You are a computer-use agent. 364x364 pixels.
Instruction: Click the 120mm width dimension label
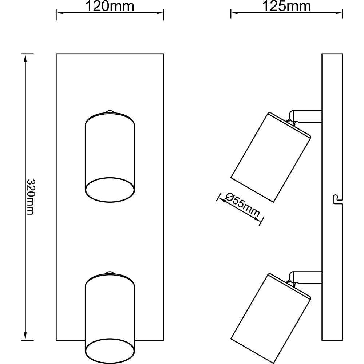pos(110,6)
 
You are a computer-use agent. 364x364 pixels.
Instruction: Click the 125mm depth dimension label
pos(286,6)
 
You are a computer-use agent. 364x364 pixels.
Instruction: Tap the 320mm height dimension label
pos(31,197)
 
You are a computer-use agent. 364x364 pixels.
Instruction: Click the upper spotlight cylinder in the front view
pos(110,157)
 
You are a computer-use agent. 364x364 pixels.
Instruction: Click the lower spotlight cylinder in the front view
pos(110,317)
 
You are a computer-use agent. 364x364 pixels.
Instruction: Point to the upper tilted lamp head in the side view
pos(271,157)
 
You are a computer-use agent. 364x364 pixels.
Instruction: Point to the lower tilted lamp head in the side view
pos(271,318)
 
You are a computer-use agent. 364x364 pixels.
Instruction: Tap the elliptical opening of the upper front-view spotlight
pos(110,190)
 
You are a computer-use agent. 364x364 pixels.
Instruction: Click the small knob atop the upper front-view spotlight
pos(110,112)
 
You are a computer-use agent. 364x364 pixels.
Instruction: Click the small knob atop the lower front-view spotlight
pos(110,273)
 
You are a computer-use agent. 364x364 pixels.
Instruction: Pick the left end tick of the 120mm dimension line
pos(56,15)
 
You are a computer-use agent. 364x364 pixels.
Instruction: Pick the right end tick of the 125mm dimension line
pos(343,13)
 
